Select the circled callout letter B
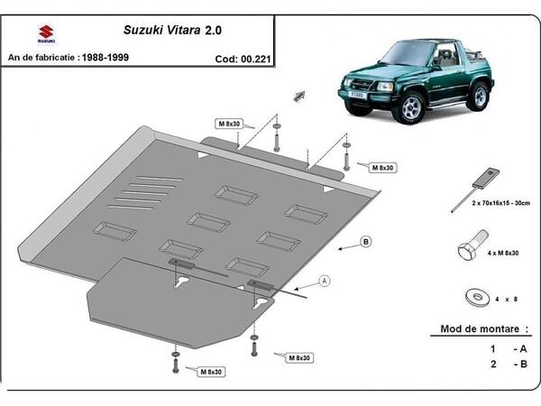(x=366, y=241)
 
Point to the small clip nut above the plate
(x=298, y=94)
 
